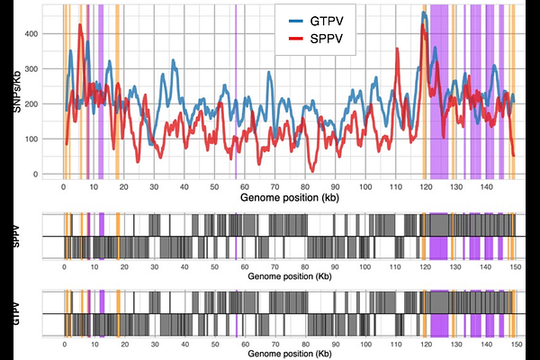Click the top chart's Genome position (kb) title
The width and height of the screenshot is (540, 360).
285,195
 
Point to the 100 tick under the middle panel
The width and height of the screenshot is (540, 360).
364,266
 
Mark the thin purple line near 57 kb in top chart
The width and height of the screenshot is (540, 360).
236,90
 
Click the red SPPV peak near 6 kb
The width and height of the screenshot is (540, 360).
80,26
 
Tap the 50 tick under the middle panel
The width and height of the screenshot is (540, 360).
213,266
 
